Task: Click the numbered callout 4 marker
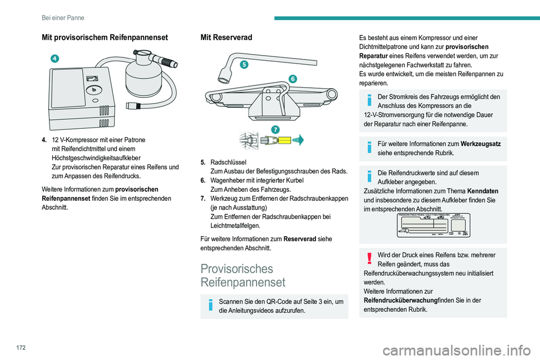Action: point(56,58)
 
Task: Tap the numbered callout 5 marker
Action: point(243,65)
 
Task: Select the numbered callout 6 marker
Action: point(294,79)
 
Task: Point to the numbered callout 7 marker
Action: point(275,129)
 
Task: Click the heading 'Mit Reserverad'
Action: point(226,37)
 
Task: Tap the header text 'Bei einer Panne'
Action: point(63,17)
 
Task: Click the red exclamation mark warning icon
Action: point(370,258)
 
